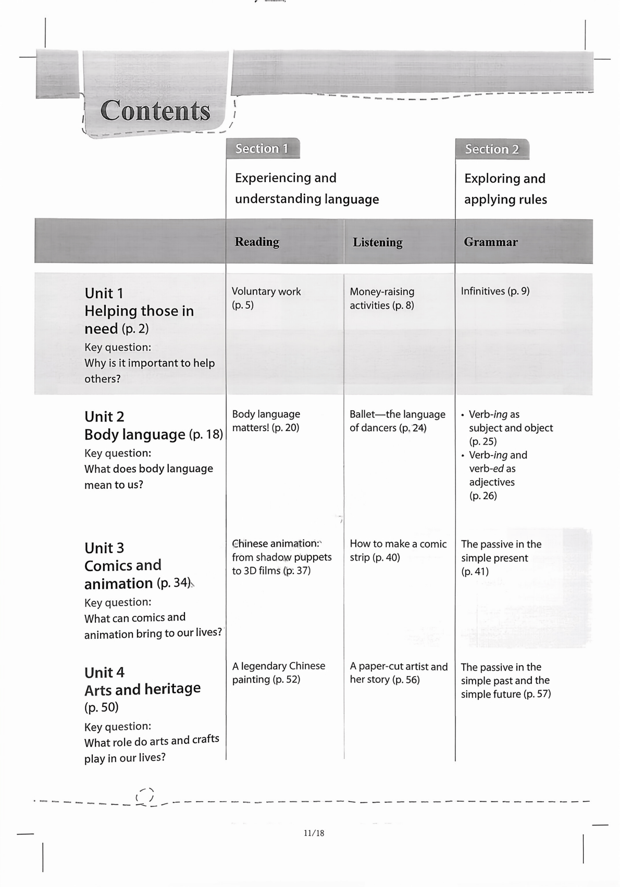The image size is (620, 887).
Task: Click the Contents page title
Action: [155, 110]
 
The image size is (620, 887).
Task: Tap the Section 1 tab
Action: [262, 149]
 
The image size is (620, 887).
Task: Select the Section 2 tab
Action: [492, 149]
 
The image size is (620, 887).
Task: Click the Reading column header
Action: [257, 242]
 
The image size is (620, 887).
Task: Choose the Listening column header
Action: [377, 243]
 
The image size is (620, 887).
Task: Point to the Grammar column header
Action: [490, 242]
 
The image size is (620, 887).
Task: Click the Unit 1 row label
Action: [104, 293]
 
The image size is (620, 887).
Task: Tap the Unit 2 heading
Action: [104, 416]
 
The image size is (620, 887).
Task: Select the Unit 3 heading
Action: [104, 548]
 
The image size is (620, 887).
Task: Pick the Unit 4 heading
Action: [104, 673]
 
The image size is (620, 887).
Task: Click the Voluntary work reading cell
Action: [266, 298]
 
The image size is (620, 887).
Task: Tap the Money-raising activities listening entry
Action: [382, 298]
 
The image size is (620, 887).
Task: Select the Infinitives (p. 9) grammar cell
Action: [495, 291]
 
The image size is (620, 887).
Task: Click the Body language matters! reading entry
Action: [266, 421]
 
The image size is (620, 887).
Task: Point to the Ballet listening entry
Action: [397, 421]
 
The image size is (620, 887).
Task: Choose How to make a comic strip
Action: [398, 550]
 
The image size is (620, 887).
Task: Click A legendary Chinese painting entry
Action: [278, 673]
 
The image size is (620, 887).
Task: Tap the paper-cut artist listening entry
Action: [399, 673]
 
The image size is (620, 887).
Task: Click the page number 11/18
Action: [314, 833]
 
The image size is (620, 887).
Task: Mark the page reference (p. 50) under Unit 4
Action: [102, 707]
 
